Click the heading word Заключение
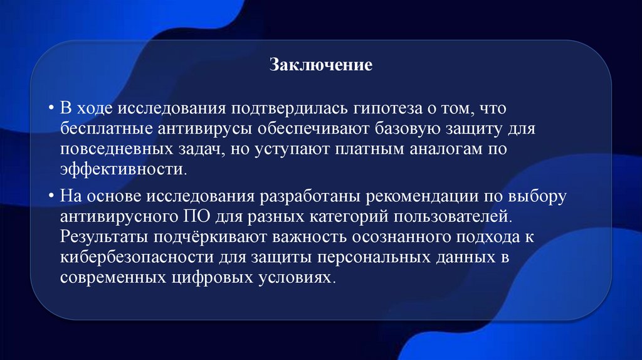tap(321, 65)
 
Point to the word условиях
tap(295, 278)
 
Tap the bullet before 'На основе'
tap(50, 196)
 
